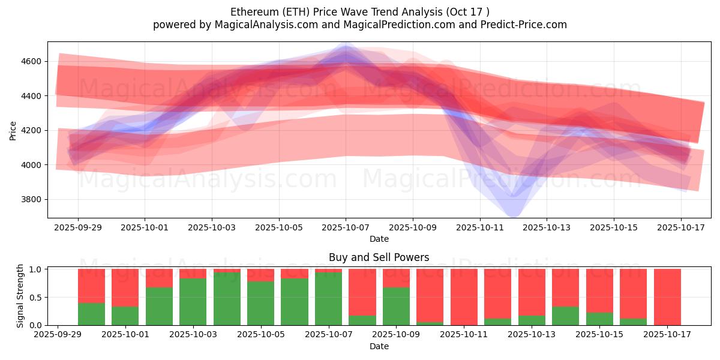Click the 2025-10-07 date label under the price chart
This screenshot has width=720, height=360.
click(x=345, y=228)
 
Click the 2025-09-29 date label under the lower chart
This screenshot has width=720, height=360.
click(x=58, y=335)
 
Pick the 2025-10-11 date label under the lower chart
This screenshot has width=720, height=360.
click(x=463, y=335)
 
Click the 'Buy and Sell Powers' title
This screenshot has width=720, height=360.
click(x=379, y=257)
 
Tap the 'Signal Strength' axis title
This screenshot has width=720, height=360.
click(x=20, y=296)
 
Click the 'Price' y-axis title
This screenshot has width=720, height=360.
click(x=13, y=130)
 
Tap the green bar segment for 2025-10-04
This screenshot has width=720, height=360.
click(x=227, y=299)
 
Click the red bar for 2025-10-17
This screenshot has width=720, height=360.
click(x=667, y=297)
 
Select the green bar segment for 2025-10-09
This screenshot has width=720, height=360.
click(x=396, y=306)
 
